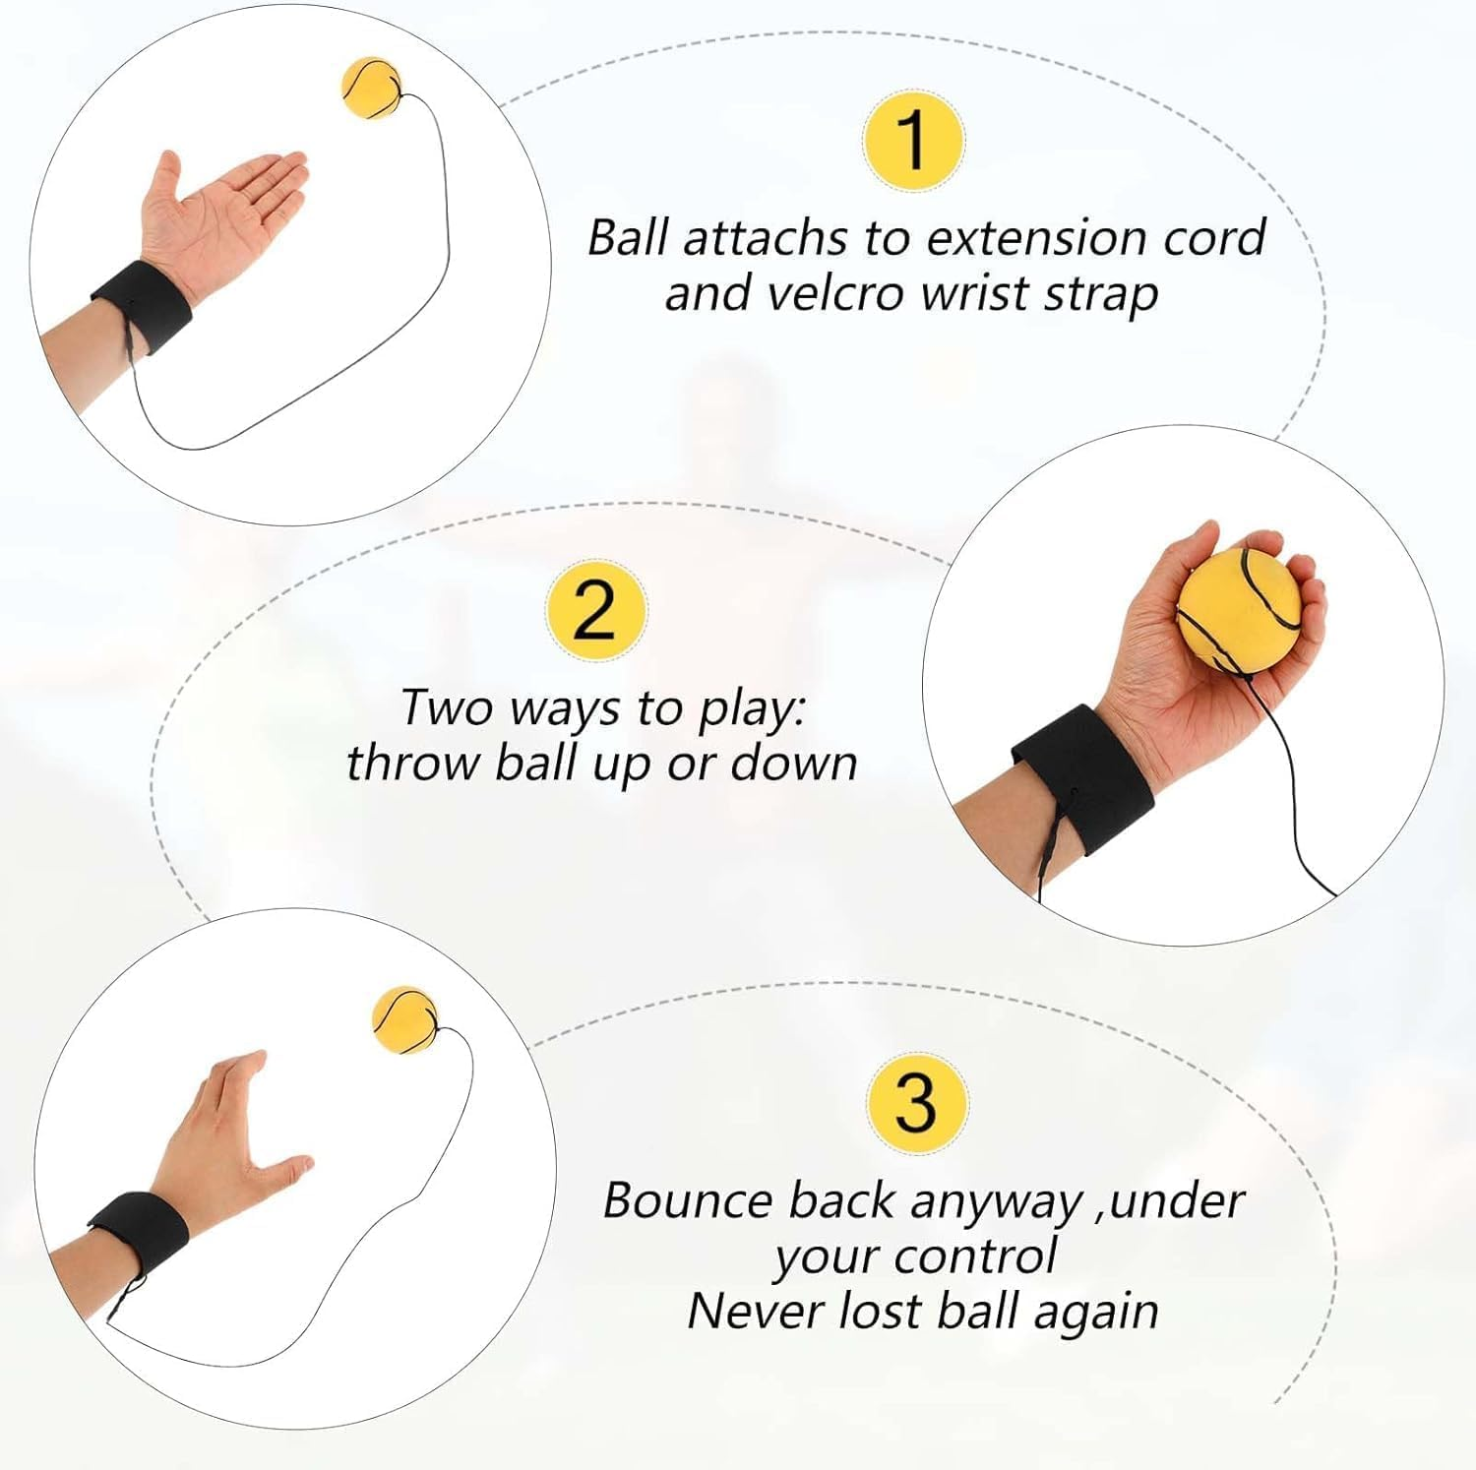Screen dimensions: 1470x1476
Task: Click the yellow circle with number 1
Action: click(913, 140)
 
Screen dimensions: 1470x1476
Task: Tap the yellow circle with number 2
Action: click(596, 609)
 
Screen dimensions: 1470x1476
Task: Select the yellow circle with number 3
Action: click(916, 1103)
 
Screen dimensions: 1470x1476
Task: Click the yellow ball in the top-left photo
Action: click(371, 87)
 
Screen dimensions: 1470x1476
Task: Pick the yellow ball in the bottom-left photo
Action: click(403, 1020)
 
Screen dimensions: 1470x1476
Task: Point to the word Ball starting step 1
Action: click(627, 239)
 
